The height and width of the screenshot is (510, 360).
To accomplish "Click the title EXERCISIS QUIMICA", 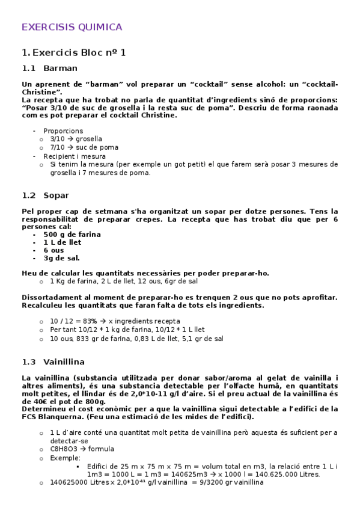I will click(72, 27).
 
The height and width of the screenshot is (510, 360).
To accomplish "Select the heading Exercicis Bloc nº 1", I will click(73, 52).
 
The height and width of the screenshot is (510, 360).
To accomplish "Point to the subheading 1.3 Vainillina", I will click(53, 361).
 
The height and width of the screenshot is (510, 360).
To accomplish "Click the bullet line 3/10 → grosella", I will click(76, 139).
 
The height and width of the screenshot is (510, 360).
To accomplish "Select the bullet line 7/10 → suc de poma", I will click(84, 147).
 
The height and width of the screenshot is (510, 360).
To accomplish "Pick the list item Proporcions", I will click(63, 131).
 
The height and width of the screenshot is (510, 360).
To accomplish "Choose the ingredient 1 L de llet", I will click(62, 242).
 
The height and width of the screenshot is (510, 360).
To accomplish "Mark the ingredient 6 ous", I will click(53, 250).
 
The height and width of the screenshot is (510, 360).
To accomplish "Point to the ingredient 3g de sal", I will click(61, 258).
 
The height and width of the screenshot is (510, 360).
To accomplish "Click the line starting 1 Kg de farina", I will click(124, 281).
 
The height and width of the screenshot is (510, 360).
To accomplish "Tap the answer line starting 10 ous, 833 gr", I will click(136, 339).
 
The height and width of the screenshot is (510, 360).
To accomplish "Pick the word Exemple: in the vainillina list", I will click(66, 458).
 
